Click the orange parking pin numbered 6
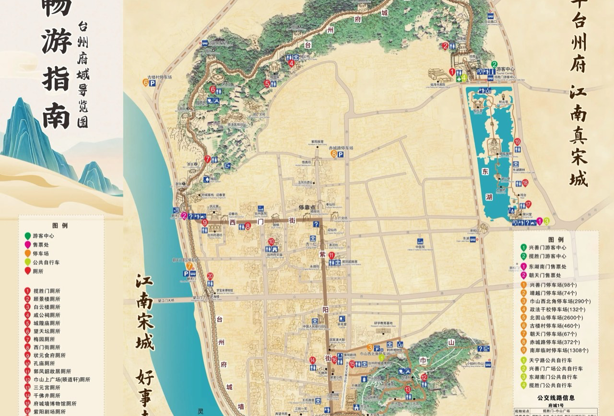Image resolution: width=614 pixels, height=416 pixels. pyautogui.click(x=145, y=82)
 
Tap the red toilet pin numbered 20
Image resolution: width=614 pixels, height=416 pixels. pyautogui.click(x=210, y=277)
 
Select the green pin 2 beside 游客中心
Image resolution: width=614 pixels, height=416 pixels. pyautogui.click(x=495, y=65)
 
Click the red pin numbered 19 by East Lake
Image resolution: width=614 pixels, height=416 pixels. pyautogui.click(x=517, y=142)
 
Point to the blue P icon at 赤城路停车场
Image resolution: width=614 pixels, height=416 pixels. pyautogui.click(x=340, y=155)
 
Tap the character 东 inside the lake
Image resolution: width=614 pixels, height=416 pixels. pyautogui.click(x=485, y=171)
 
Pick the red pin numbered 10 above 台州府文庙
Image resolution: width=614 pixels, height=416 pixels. pyautogui.click(x=271, y=242)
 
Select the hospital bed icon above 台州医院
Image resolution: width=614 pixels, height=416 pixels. pyautogui.click(x=260, y=208)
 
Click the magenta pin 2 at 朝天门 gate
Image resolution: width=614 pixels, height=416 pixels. pyautogui.click(x=184, y=216)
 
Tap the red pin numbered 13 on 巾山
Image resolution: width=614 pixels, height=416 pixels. pyautogui.click(x=408, y=390)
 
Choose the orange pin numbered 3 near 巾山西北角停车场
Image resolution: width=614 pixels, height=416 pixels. pyautogui.click(x=370, y=348)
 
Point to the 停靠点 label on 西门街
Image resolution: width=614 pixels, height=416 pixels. pyautogui.click(x=307, y=208)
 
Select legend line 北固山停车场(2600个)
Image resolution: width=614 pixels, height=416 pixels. pyautogui.click(x=552, y=317)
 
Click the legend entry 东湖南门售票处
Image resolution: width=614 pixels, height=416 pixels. pyautogui.click(x=547, y=266)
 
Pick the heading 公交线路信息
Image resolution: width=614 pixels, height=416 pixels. pyautogui.click(x=556, y=397)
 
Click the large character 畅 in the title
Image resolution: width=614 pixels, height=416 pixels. pyautogui.click(x=57, y=7)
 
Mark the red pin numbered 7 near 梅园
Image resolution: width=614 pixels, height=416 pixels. pyautogui.click(x=207, y=159)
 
